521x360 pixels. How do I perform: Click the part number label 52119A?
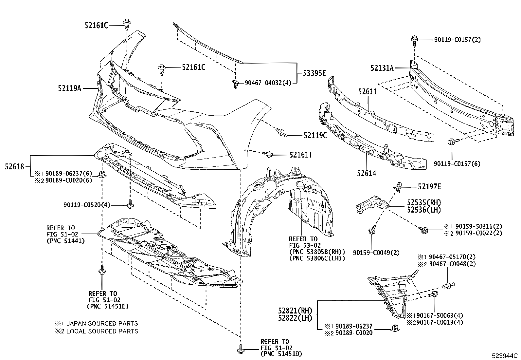point(70,88)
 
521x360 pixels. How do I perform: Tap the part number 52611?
point(368,92)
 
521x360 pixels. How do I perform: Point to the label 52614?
point(367,174)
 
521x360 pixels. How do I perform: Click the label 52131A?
point(382,68)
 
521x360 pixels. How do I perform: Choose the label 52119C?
point(315,135)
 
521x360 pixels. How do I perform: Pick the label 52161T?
point(300,155)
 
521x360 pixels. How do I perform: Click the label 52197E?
point(429,187)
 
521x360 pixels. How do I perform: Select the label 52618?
point(15,167)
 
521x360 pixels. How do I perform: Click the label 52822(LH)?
point(295,317)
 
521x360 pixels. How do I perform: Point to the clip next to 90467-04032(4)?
point(235,84)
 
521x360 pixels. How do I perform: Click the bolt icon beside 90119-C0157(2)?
point(414,40)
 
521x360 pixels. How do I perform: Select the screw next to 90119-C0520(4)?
point(130,204)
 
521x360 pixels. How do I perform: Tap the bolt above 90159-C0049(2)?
point(373,229)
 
